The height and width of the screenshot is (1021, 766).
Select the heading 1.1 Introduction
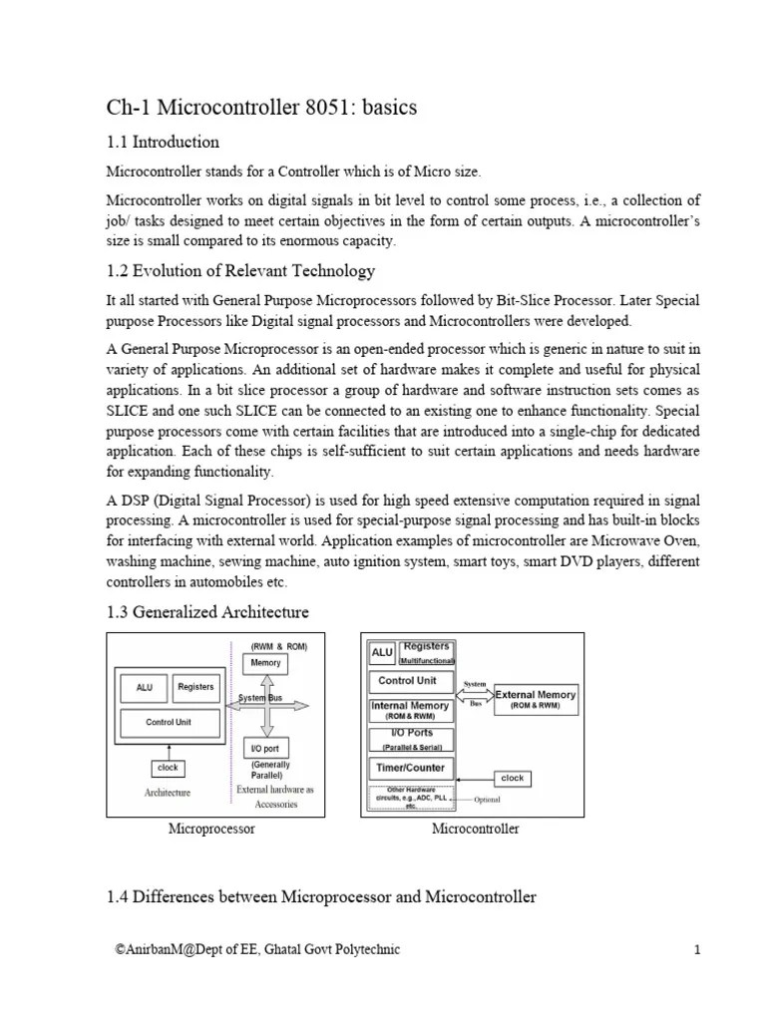point(163,142)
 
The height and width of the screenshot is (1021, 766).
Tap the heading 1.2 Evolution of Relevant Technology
point(240,270)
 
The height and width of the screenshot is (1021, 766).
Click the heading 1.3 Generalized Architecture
point(207,611)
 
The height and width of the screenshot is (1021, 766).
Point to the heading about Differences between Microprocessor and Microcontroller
point(321,897)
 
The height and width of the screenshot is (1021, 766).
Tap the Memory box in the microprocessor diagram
point(265,663)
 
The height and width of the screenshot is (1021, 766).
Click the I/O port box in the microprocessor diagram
point(264,748)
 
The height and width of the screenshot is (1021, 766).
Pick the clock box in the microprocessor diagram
point(168,768)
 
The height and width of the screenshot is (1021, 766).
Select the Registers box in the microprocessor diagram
point(195,687)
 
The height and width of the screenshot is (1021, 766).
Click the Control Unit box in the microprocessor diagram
point(168,722)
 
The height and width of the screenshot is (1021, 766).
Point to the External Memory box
point(536,699)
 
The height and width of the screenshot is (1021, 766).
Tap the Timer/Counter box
point(411,768)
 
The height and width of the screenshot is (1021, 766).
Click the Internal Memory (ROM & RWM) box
point(411,710)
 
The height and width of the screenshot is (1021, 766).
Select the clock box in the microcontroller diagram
point(512,778)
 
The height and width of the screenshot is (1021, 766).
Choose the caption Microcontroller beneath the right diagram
point(475,829)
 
